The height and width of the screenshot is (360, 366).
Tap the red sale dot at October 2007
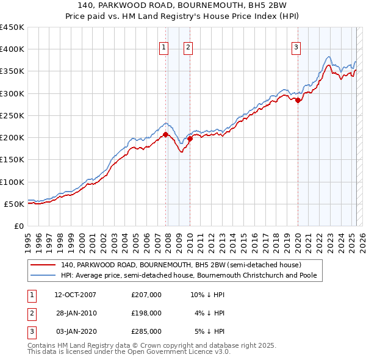(165, 134)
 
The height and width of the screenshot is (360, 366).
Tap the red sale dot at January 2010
(190, 139)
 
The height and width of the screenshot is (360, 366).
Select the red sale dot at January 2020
(298, 101)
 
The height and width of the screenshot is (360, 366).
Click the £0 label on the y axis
(19, 226)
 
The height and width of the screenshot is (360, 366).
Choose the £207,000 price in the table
(146, 295)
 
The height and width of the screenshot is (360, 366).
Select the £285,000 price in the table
(146, 331)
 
